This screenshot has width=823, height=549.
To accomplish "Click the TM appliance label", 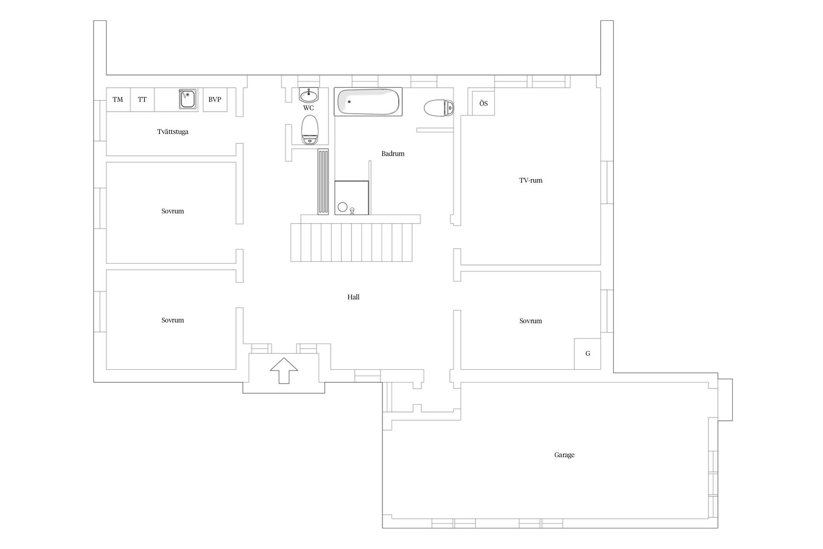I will point(118,100).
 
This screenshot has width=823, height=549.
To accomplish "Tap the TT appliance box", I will point(142,100).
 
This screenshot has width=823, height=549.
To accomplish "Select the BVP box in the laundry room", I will point(215,100).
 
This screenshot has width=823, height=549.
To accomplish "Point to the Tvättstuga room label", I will point(173,132).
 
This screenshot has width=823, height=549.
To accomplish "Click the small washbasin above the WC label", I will point(309,94).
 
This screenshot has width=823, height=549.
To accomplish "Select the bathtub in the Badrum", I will point(368,102).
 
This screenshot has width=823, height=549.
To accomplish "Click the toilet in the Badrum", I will point(439,108).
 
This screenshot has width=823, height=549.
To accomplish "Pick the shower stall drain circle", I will point(342,207).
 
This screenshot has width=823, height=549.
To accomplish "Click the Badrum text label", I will point(393,154).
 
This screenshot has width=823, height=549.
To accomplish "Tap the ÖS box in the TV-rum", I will point(484,103).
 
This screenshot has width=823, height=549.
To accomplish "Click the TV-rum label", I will point(531,181).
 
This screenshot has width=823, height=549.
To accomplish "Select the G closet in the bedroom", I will point(588,354).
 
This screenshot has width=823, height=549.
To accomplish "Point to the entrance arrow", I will point(284,370).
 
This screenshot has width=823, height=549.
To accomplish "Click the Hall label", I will point(353,297).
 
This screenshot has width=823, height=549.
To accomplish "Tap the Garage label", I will point(564,455).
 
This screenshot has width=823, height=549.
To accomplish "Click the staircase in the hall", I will point(351,242).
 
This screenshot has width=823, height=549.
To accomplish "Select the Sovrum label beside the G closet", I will point(531,321).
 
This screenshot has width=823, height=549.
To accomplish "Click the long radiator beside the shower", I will point(323,182).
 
